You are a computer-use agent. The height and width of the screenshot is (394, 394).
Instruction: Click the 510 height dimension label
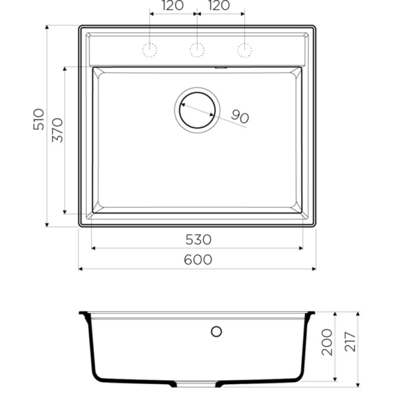pos(38,119)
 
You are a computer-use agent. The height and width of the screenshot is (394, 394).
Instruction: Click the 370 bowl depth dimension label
pos(57,130)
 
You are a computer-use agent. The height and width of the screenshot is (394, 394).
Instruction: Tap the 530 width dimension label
pos(198,239)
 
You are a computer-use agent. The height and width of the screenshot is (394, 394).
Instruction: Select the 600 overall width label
pos(198,260)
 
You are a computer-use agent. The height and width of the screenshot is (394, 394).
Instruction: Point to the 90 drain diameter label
pos(240,117)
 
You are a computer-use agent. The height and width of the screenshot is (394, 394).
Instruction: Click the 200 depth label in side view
pos(327,342)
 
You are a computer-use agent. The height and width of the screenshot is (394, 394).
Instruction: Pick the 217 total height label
pos(350,342)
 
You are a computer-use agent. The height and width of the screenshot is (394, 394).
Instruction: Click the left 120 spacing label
pos(172,5)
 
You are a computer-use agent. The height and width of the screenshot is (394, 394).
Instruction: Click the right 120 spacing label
pos(219,5)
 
